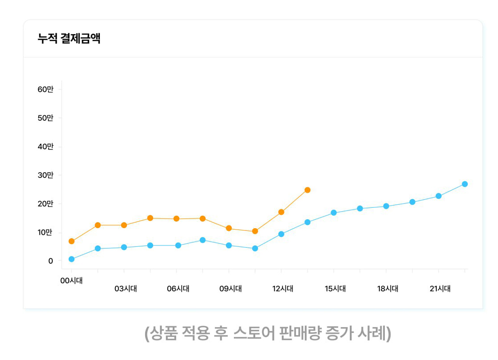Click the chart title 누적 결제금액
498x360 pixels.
[69, 39]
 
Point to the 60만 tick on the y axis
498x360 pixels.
[45, 89]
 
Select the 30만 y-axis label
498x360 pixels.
[45, 175]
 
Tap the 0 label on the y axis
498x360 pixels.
[51, 261]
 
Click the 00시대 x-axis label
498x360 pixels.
[71, 281]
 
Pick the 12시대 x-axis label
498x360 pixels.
[283, 289]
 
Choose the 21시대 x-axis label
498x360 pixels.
[440, 289]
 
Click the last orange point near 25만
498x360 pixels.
[307, 190]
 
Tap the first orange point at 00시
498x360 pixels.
[71, 241]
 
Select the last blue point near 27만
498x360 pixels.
[464, 184]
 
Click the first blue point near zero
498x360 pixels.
[71, 259]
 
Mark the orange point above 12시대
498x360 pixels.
[281, 212]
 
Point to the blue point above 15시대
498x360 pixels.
[333, 213]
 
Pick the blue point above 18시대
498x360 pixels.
[386, 206]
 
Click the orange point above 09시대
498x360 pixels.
[229, 228]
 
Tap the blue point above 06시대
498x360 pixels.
[176, 245]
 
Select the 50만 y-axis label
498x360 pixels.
[45, 118]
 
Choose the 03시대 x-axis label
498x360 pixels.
[126, 289]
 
